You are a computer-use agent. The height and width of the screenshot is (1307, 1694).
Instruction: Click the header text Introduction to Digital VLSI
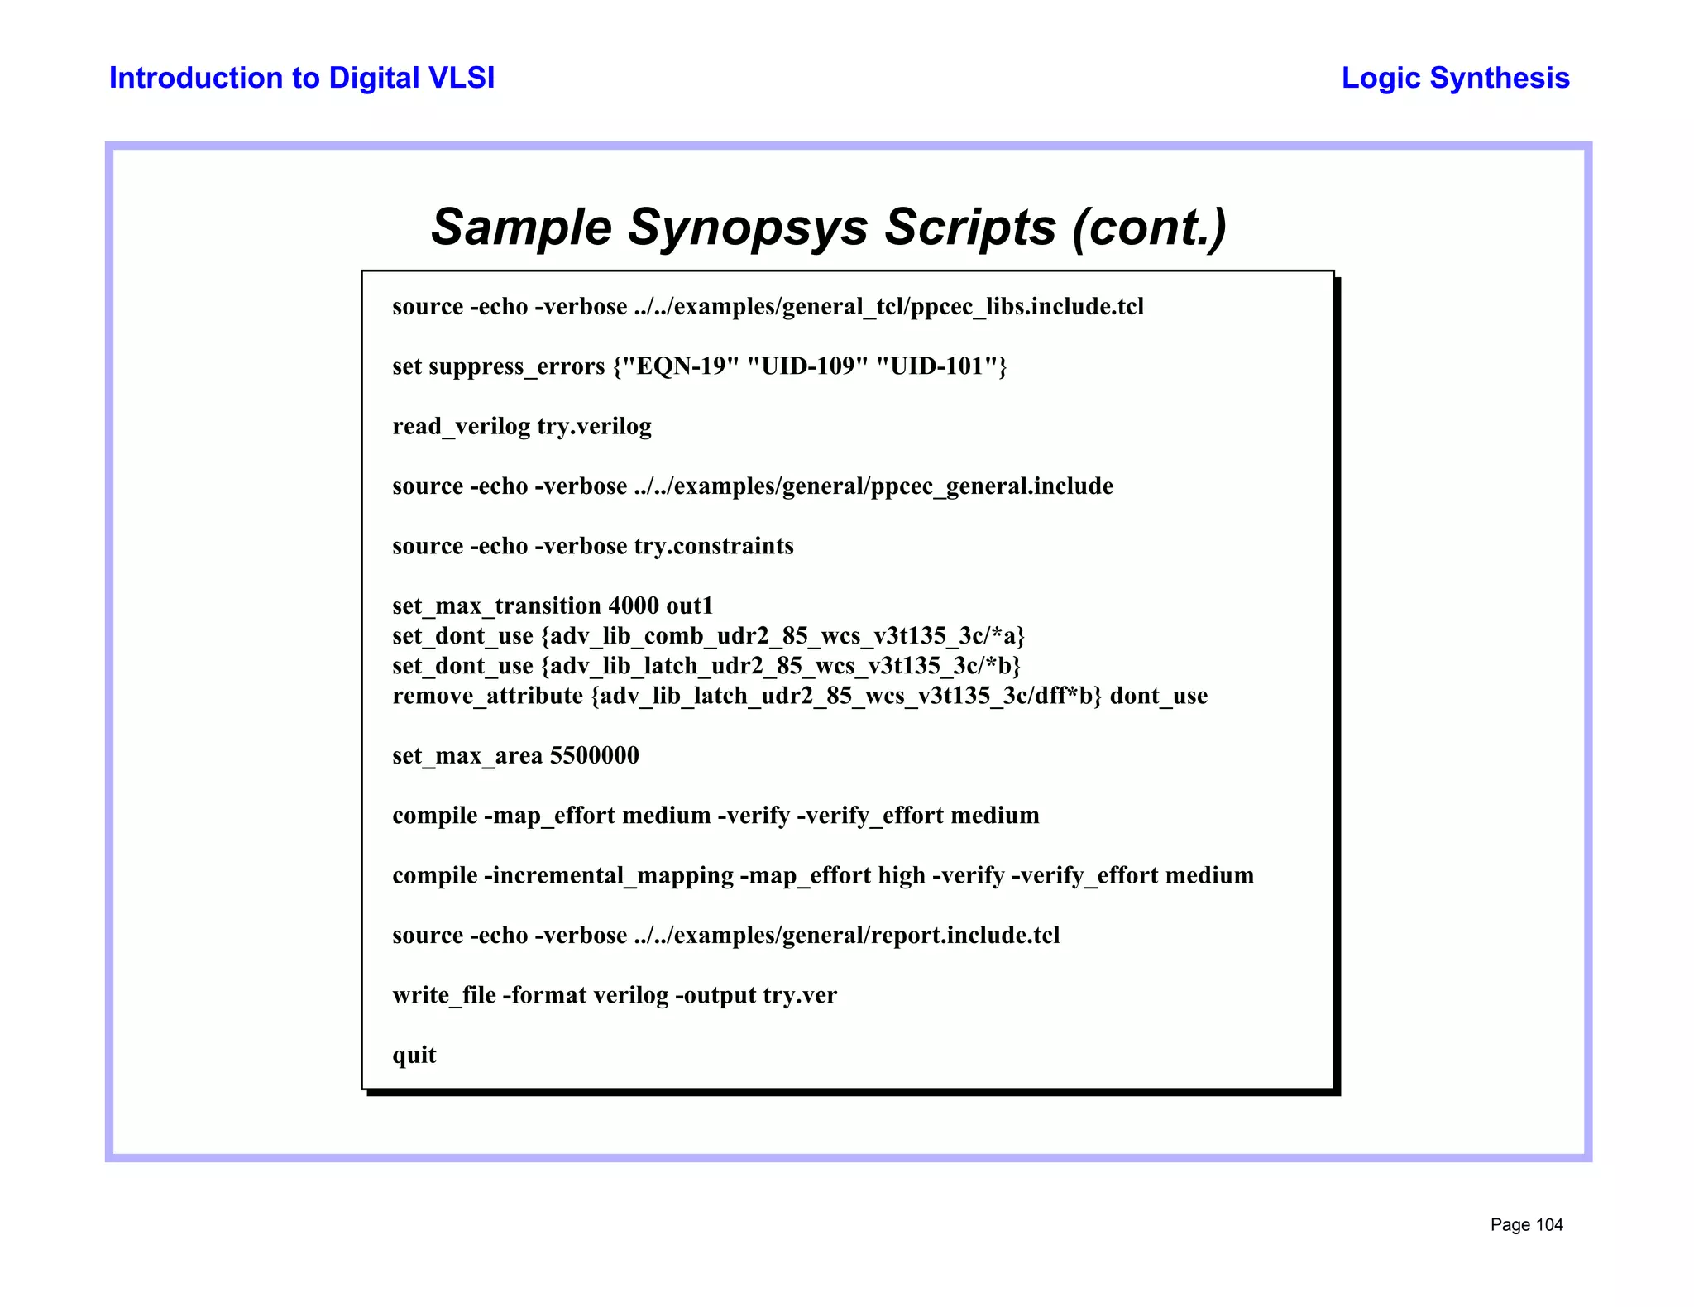point(302,78)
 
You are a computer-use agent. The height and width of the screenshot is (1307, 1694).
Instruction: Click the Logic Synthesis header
point(1455,78)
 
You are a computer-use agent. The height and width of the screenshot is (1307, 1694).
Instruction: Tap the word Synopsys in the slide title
point(748,227)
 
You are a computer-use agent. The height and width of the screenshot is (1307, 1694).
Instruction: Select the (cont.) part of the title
point(1149,227)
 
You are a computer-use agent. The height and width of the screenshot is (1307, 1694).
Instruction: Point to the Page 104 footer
point(1526,1224)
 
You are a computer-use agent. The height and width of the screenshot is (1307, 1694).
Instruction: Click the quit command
point(414,1055)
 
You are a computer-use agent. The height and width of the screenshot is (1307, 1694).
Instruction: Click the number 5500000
point(594,755)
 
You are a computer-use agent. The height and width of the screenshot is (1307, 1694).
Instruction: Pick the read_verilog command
point(461,426)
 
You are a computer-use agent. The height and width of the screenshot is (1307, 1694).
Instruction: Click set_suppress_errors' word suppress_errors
point(516,366)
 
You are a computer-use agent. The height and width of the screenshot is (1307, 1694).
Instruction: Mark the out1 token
point(689,606)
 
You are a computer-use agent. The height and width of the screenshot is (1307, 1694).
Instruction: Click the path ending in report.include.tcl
point(846,935)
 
